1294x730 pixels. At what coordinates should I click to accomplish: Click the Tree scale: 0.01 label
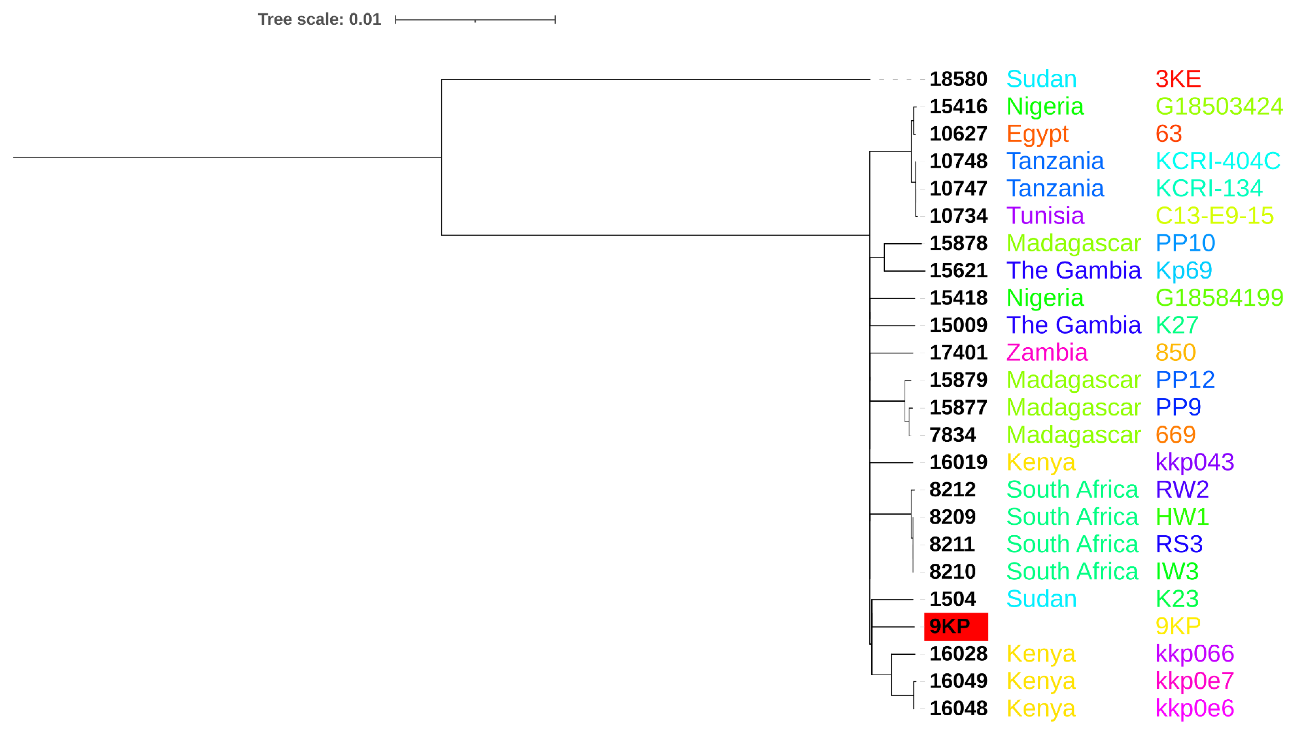(320, 20)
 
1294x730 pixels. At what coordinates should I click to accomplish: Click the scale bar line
(475, 20)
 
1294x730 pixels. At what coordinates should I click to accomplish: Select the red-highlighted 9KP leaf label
(955, 627)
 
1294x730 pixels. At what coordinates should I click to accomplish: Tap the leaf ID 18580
(958, 79)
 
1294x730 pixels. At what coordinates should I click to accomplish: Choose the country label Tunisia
(1045, 216)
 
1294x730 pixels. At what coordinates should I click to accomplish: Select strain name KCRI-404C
(1218, 161)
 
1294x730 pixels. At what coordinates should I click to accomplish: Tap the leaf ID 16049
(958, 681)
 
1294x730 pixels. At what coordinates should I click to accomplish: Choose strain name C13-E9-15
(1214, 216)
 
